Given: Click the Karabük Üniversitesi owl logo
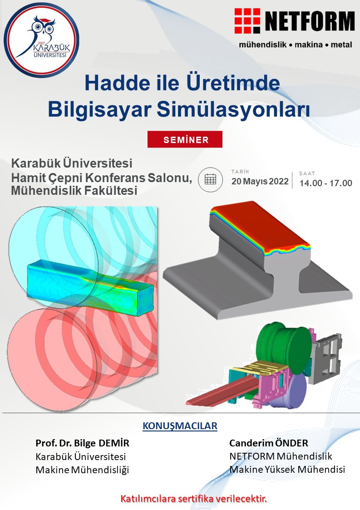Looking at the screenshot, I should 41,40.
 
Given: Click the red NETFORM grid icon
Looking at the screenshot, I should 247,22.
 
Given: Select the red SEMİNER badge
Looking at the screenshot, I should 185,139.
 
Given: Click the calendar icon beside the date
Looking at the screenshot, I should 210,179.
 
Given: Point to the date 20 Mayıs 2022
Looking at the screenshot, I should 260,182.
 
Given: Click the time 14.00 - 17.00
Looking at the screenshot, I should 325,183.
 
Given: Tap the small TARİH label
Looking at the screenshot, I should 240,171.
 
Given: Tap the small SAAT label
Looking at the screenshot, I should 307,173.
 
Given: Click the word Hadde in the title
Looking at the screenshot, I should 117,84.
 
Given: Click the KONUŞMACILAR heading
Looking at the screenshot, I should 180,426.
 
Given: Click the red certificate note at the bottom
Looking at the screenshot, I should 193,498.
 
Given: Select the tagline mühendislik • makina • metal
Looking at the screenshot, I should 296,45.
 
